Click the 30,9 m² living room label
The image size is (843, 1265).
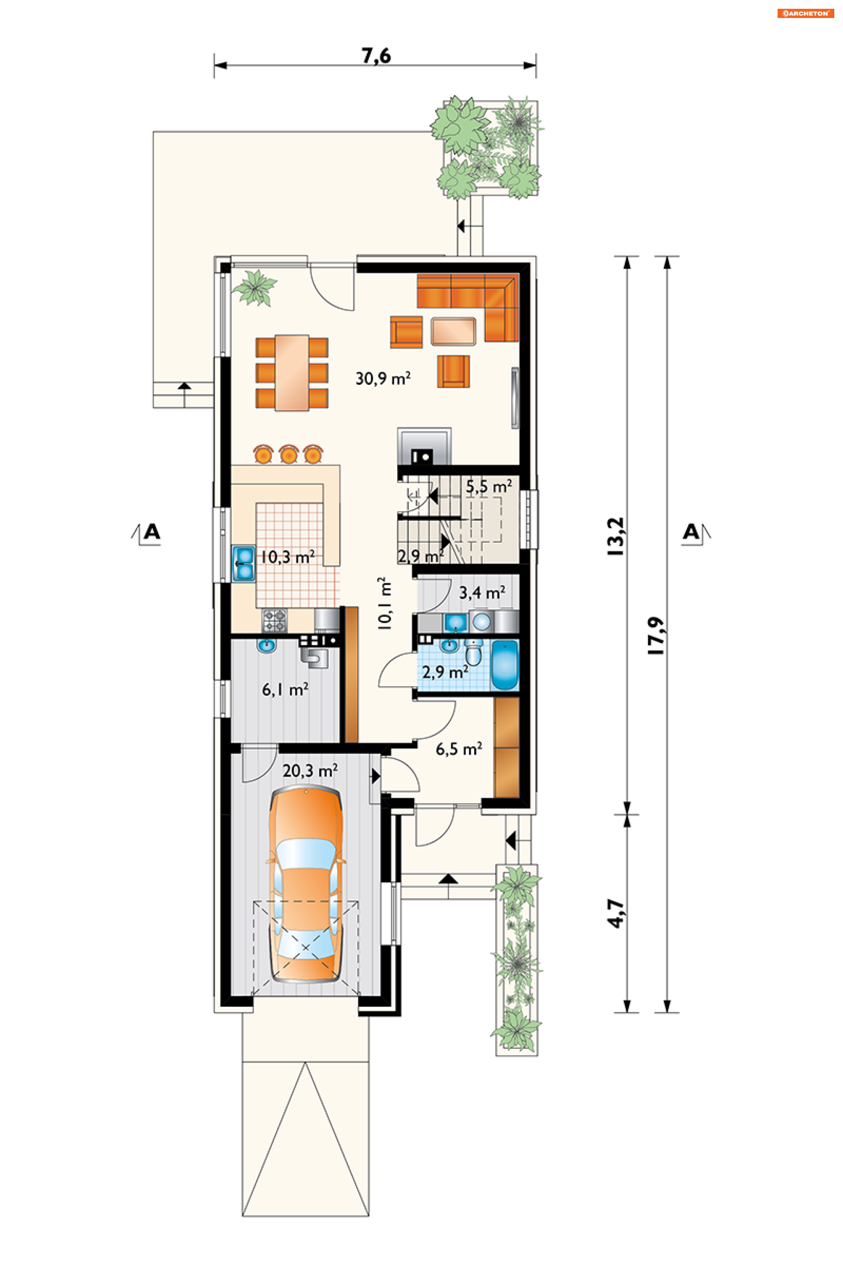(x=383, y=378)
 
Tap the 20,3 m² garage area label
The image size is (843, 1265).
(x=310, y=771)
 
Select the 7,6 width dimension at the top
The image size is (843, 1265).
(x=376, y=56)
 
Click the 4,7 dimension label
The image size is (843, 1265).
(x=616, y=913)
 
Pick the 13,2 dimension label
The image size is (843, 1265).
(x=616, y=536)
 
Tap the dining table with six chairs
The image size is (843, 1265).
(x=292, y=373)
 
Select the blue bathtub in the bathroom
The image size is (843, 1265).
(x=505, y=665)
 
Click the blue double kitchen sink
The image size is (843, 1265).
(x=244, y=563)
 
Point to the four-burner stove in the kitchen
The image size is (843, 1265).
(x=274, y=621)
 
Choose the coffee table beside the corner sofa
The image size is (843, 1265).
(x=453, y=331)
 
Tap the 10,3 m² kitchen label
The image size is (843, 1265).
(x=288, y=557)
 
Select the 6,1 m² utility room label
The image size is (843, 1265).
(x=285, y=690)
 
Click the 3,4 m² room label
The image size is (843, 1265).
(x=482, y=593)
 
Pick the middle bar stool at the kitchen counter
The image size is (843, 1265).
(x=289, y=455)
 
